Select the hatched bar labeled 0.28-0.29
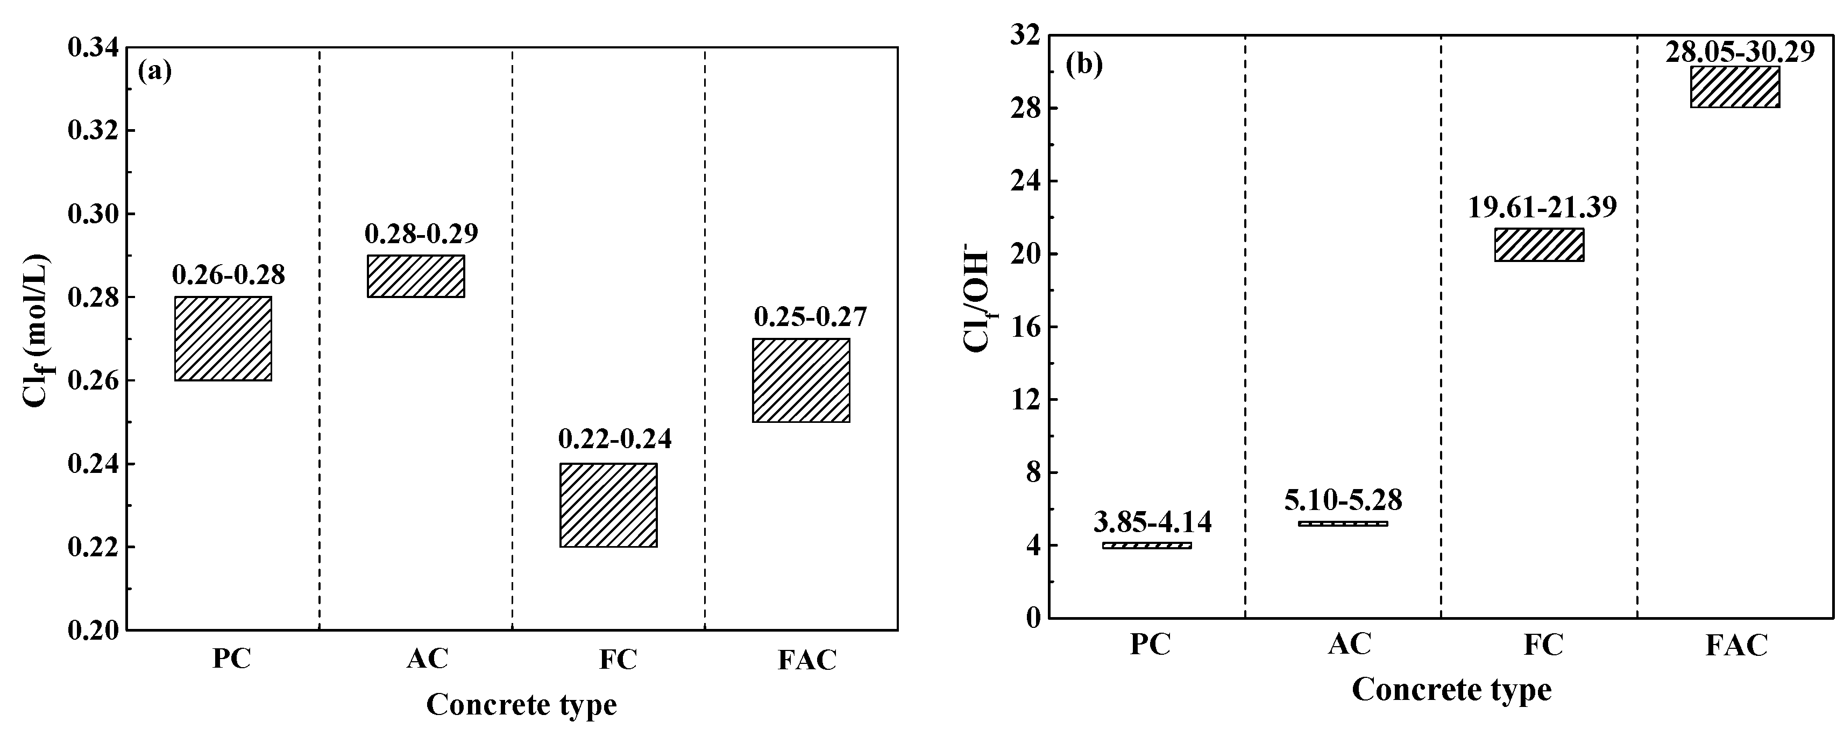point(416,275)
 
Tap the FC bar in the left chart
point(608,505)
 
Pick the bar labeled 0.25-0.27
point(801,380)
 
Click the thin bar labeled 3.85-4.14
point(1147,545)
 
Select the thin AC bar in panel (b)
point(1343,523)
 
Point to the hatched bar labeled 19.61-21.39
point(1539,244)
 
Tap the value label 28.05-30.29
point(1740,52)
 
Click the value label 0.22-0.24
point(615,439)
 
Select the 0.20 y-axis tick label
point(93,630)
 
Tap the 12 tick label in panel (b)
point(1024,400)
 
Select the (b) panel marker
point(1084,65)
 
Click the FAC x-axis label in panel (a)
point(807,660)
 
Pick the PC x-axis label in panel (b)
point(1151,644)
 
